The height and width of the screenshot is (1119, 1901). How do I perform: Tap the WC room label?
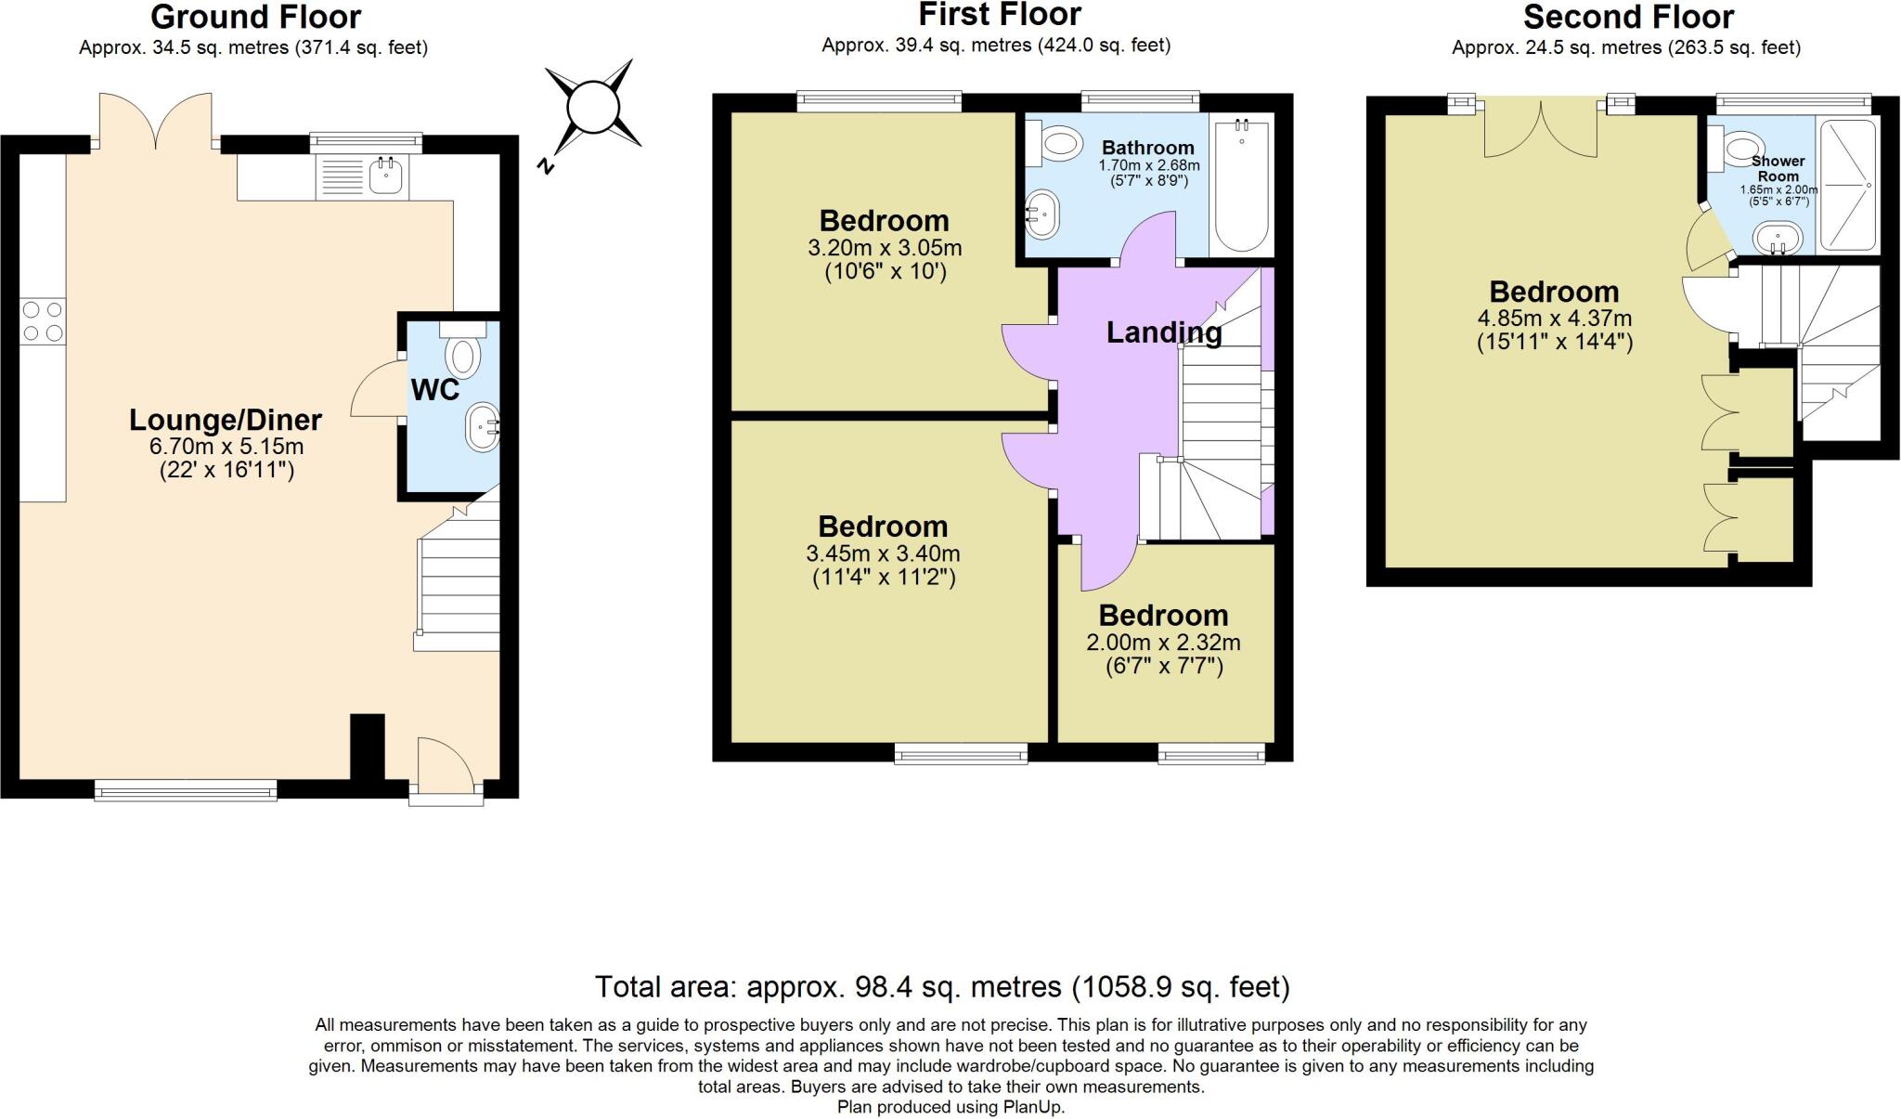(x=435, y=390)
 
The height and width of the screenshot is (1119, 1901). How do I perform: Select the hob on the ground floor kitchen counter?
(x=43, y=320)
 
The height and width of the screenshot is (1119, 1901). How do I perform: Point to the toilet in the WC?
(x=461, y=349)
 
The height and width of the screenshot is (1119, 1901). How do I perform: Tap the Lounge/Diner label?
(x=226, y=421)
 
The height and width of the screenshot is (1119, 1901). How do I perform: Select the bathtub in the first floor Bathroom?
(x=1242, y=185)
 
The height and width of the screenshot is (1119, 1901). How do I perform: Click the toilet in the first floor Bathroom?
(x=1056, y=145)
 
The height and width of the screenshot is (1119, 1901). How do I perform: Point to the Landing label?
(x=1164, y=332)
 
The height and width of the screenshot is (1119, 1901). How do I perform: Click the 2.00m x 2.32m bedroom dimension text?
(x=1163, y=643)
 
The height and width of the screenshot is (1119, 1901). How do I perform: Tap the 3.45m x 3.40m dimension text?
(x=883, y=554)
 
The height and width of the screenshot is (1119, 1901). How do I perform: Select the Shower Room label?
(x=1778, y=168)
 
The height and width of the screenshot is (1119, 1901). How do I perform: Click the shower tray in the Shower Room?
(x=1848, y=185)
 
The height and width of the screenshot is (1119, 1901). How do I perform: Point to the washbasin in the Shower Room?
(x=1778, y=238)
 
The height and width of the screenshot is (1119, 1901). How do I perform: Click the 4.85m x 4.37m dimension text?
(x=1555, y=318)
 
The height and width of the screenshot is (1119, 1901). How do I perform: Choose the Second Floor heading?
(x=1628, y=18)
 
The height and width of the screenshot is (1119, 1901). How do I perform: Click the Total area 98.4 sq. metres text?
(x=942, y=986)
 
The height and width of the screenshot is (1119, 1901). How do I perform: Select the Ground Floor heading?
(x=255, y=17)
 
